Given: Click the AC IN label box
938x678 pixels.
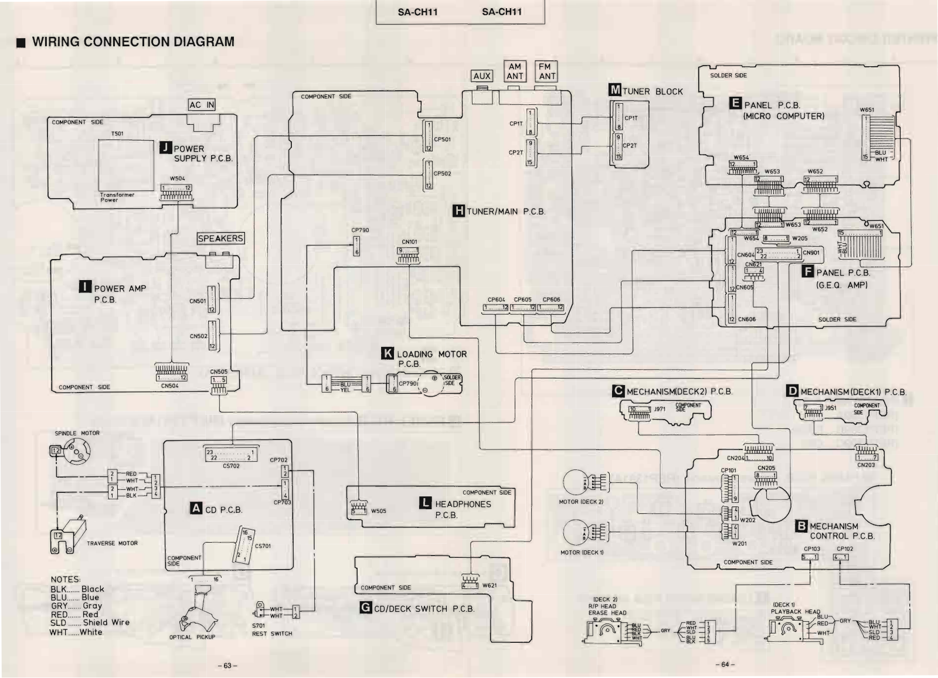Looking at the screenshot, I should (x=202, y=105).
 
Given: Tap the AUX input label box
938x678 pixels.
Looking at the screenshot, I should (x=482, y=76).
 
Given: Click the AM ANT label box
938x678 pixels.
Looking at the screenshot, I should (x=515, y=71).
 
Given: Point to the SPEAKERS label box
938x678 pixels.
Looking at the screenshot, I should (x=220, y=239).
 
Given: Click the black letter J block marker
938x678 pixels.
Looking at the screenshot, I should (x=165, y=148).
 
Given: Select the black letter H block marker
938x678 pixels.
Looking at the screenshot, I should (x=459, y=211).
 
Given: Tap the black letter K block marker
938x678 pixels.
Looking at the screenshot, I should (x=388, y=354).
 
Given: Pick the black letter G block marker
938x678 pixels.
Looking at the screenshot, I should (x=366, y=608).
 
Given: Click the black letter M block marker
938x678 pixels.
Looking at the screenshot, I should (x=615, y=91).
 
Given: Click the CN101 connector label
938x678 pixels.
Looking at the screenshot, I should (x=409, y=242).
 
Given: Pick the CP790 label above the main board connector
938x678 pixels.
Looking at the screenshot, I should (x=360, y=230).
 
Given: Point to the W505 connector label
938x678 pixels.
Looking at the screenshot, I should (x=379, y=511).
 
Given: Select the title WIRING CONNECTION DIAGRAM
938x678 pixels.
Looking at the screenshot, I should (x=133, y=42).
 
